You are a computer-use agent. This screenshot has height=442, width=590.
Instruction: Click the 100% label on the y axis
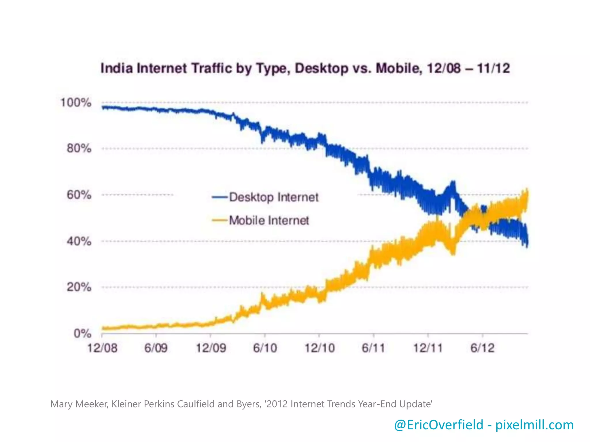(76, 103)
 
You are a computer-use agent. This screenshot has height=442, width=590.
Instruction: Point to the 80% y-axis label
(79, 148)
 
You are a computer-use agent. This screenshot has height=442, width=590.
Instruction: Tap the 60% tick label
(79, 195)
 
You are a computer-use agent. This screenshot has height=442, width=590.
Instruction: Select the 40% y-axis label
(79, 241)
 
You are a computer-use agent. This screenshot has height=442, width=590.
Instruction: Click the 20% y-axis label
(79, 287)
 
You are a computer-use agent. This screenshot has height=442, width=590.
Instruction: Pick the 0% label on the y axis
(82, 334)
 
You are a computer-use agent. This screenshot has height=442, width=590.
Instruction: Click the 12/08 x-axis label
(102, 348)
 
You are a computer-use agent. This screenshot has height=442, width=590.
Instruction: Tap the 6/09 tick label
(156, 348)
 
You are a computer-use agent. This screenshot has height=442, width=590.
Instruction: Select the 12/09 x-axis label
(211, 348)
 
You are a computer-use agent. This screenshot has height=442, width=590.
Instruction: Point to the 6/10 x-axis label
(265, 348)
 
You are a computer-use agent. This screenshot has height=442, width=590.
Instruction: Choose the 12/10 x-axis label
(319, 348)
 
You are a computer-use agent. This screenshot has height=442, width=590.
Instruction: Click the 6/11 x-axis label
(373, 348)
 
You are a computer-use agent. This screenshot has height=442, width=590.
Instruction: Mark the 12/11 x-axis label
(428, 348)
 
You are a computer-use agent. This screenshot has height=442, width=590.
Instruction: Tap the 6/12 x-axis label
(483, 348)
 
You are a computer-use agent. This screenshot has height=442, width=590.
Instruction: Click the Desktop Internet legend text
(274, 197)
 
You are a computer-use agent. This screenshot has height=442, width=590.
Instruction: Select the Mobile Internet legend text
(269, 220)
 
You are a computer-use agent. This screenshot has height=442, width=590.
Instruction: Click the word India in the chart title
(117, 68)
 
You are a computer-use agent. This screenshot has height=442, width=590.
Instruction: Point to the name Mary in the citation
(61, 404)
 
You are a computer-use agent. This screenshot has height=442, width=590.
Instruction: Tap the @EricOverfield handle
(438, 425)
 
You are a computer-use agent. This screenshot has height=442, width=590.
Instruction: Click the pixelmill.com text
(535, 425)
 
